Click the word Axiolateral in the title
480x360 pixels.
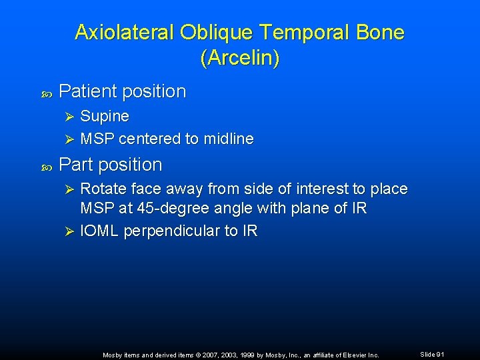pos(123,32)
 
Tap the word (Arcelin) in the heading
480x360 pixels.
pos(240,58)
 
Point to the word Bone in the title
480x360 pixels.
pos(382,32)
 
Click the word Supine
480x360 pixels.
pos(105,116)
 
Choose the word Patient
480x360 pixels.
pos(87,91)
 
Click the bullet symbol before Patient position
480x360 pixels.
pos(46,94)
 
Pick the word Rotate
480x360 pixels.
pos(103,189)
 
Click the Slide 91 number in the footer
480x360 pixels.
pos(432,355)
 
